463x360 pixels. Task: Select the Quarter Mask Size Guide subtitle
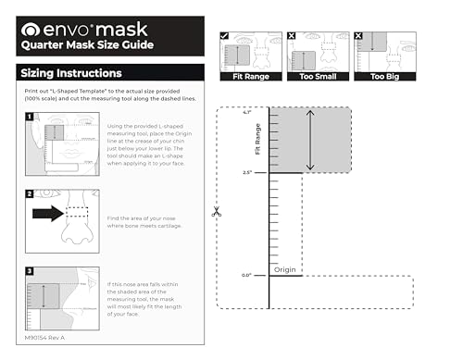tap(88, 44)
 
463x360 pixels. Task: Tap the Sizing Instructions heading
tap(71, 73)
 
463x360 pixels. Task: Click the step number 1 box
tap(30, 118)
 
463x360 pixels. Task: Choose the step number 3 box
tap(30, 272)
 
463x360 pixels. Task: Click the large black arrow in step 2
tap(47, 213)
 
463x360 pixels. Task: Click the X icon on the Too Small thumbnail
tap(293, 37)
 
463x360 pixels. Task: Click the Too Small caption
tap(317, 78)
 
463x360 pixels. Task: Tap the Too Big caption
tap(384, 78)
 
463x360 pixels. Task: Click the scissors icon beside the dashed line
tap(216, 211)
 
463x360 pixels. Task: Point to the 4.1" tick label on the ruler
tap(246, 112)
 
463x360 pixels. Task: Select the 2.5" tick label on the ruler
tap(246, 173)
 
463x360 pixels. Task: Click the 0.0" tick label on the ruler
tap(246, 275)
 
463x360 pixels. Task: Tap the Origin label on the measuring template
tap(287, 269)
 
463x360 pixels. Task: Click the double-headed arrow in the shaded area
tap(310, 141)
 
